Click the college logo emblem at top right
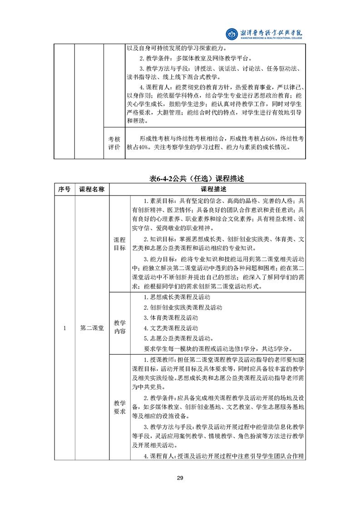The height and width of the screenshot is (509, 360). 232,34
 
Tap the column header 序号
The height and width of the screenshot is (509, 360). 64,189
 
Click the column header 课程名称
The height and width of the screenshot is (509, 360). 92,189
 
